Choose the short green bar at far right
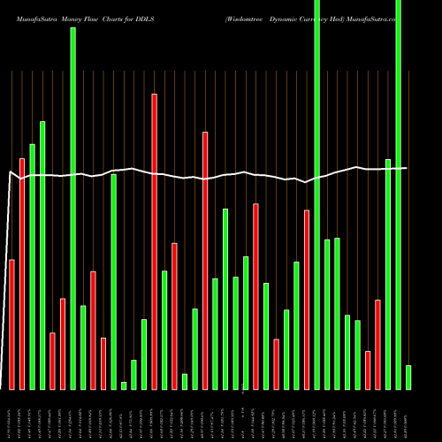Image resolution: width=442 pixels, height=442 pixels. (x=408, y=377)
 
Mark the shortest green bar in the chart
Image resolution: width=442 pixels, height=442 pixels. (x=124, y=385)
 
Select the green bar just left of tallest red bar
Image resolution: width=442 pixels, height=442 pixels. (x=144, y=354)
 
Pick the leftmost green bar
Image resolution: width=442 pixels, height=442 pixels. (x=32, y=266)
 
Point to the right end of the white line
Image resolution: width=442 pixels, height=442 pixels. (x=407, y=168)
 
